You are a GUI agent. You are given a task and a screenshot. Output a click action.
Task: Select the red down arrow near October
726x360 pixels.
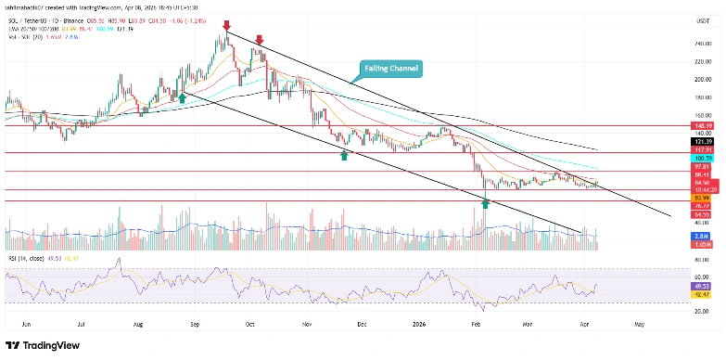coord(260,40)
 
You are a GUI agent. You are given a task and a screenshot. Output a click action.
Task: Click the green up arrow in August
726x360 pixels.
coord(183,96)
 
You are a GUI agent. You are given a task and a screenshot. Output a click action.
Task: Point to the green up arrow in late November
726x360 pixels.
coord(344,155)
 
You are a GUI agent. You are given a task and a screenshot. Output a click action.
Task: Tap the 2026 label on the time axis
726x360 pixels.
coord(416,326)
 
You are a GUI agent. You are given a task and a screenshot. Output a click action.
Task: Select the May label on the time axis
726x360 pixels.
coord(638,326)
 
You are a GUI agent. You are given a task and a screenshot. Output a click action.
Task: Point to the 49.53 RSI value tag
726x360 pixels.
coord(701,288)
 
